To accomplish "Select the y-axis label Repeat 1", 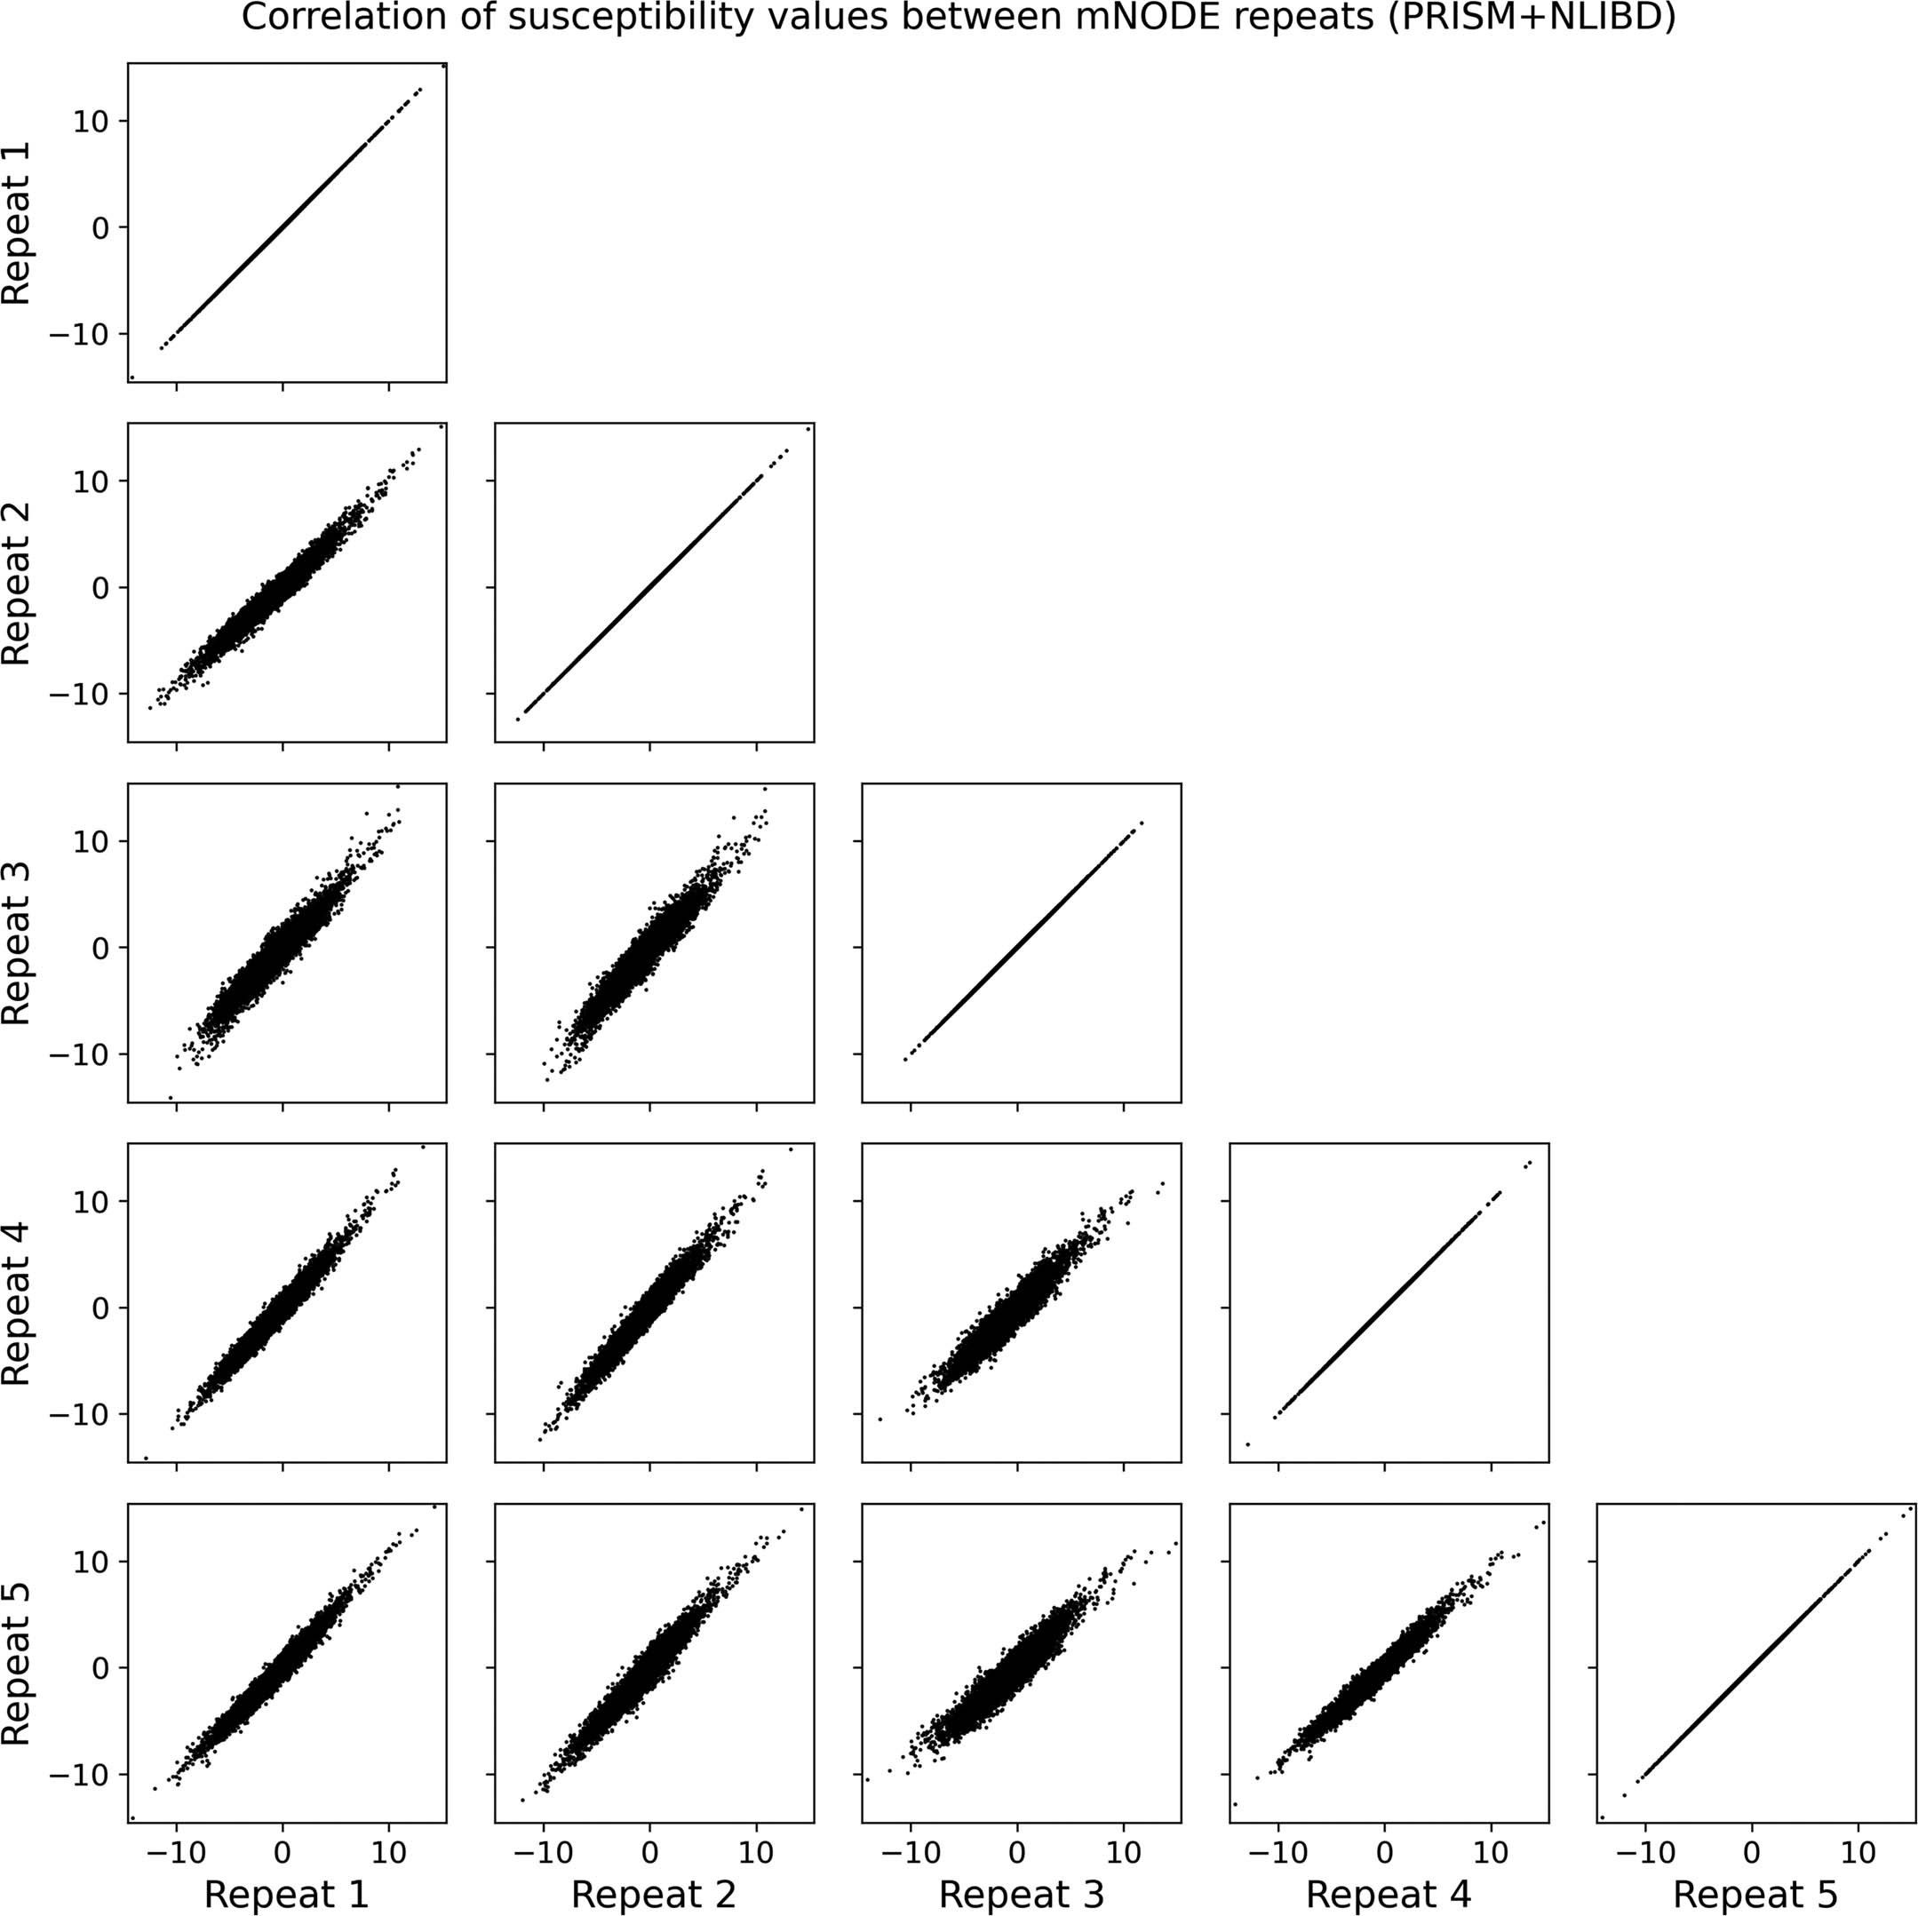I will pos(17,222).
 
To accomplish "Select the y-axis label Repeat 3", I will pos(17,943).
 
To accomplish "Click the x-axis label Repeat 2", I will pos(653,1894).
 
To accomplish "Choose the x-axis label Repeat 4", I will pos(1388,1894).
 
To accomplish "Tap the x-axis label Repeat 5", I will pos(1755,1894).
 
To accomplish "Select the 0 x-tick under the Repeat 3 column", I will pos(1016,1852).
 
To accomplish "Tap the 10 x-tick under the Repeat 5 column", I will pos(1858,1852).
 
